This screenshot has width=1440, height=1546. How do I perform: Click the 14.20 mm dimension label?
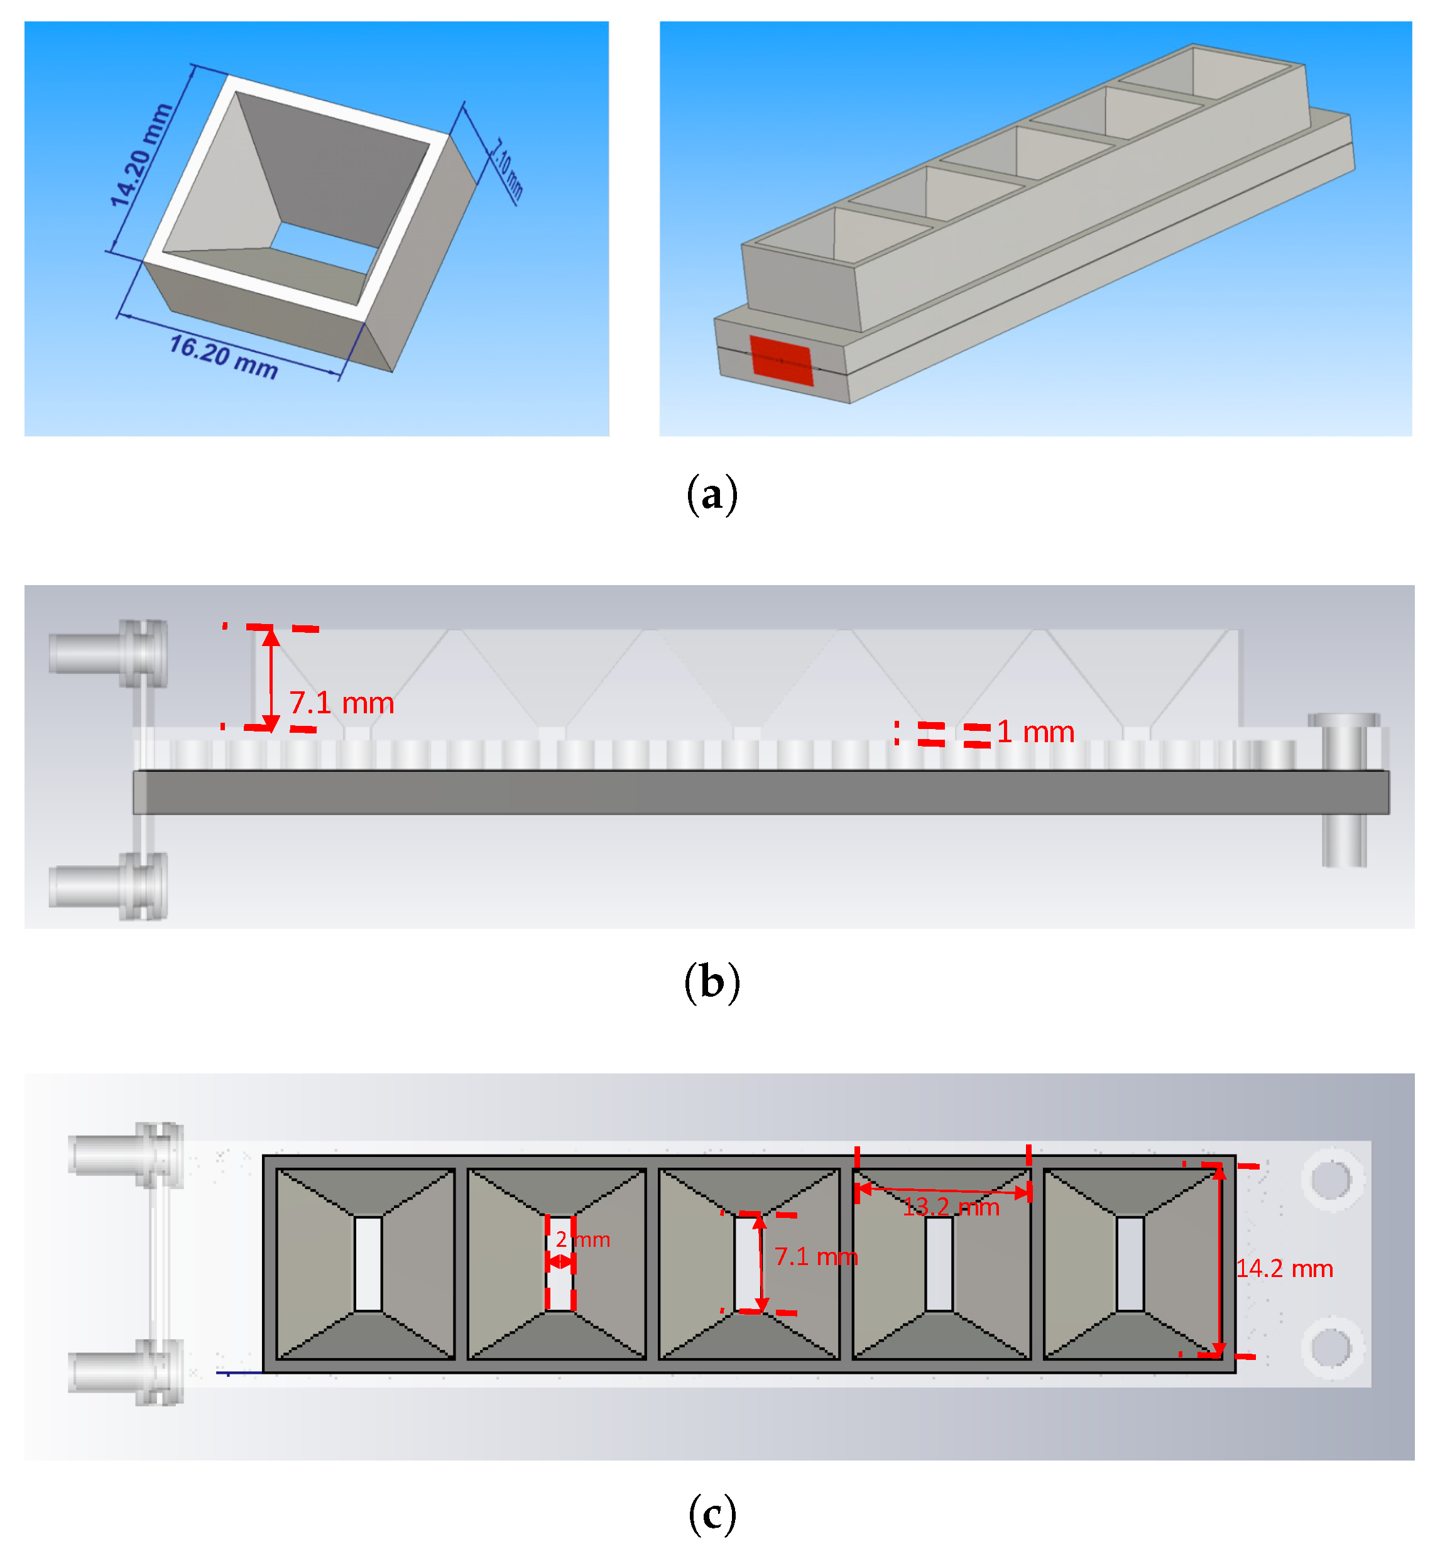[140, 155]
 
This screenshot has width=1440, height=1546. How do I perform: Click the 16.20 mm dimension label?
[223, 356]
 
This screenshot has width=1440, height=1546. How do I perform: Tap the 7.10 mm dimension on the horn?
[508, 169]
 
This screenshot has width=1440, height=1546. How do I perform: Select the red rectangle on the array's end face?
[781, 361]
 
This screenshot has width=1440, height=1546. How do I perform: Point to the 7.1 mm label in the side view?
[341, 703]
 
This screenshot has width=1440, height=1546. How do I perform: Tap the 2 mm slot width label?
[583, 1239]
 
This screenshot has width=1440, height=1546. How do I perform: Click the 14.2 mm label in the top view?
[1284, 1268]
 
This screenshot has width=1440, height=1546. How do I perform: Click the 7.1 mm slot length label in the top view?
[815, 1257]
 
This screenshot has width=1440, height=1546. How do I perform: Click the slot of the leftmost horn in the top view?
[368, 1264]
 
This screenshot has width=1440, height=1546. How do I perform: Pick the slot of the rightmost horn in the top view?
[1130, 1264]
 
